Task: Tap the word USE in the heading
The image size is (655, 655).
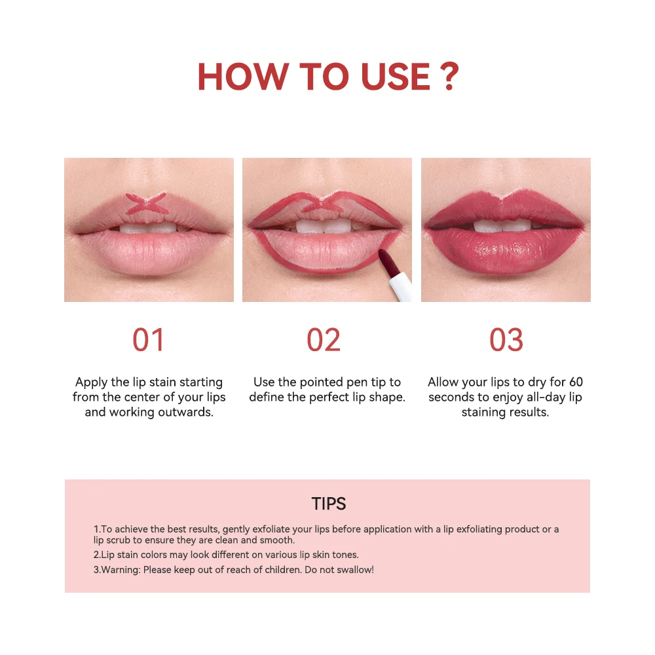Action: coord(396,77)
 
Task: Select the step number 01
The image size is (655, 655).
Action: coord(148,339)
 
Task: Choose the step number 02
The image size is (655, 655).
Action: coord(324,339)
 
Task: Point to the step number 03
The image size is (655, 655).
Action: coord(506,339)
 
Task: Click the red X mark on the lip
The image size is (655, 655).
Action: coord(147,204)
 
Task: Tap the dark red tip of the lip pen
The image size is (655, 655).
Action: coord(387,263)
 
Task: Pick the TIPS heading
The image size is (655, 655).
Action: coord(329,504)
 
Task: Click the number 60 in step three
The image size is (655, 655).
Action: coord(576,382)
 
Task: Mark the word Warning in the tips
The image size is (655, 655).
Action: coord(121,570)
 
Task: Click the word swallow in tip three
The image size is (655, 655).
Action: coord(354,570)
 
